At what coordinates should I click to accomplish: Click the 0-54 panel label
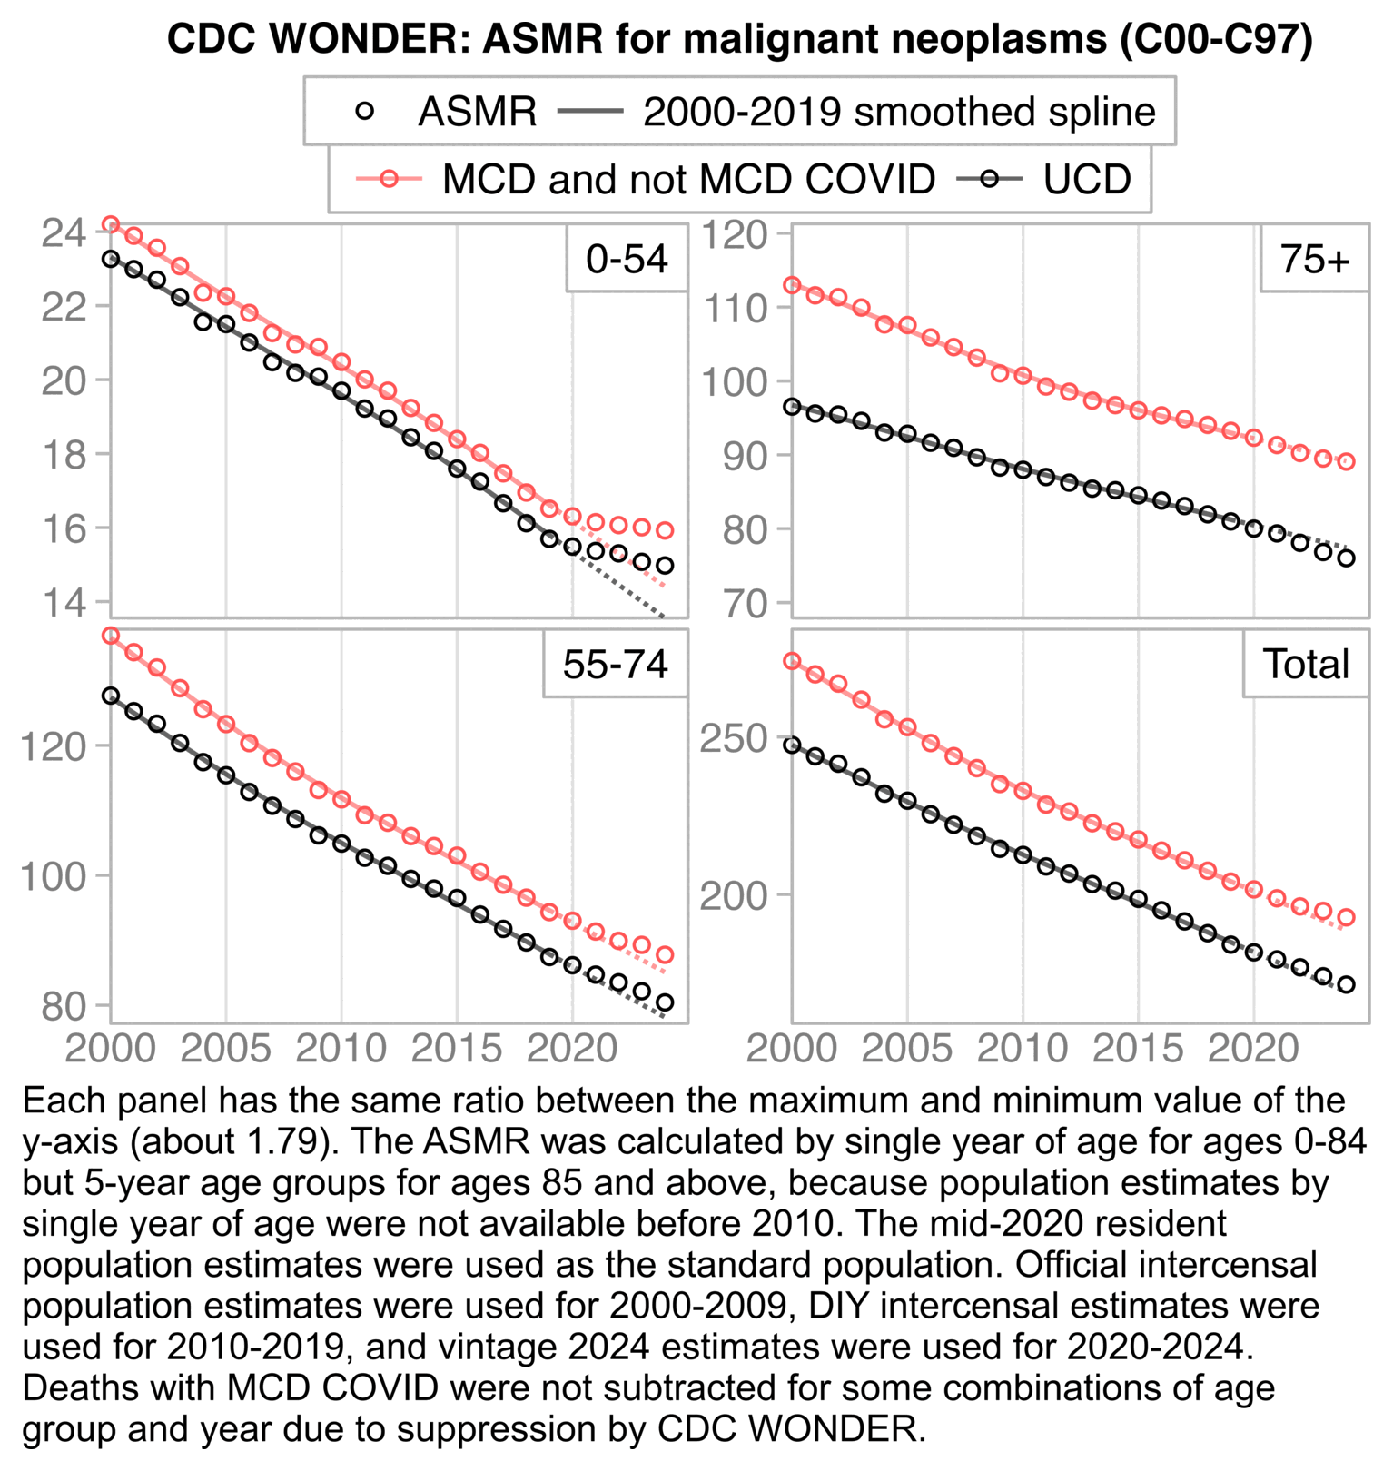click(x=627, y=260)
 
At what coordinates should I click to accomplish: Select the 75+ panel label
click(x=1314, y=260)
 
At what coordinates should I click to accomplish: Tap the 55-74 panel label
click(x=615, y=665)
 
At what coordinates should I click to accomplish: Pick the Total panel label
click(x=1306, y=665)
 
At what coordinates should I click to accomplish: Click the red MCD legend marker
click(x=389, y=180)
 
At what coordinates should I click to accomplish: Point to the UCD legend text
click(x=1087, y=180)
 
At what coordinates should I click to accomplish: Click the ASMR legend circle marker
click(x=365, y=112)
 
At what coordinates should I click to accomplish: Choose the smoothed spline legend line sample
click(x=590, y=112)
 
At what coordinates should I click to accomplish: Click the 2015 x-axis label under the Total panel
click(x=1138, y=1050)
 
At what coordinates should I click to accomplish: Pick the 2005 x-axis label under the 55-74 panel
click(x=225, y=1050)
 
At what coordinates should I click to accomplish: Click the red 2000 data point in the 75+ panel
click(x=792, y=285)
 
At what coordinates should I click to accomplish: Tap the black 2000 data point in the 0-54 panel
click(x=111, y=259)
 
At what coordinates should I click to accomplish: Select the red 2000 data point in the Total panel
click(x=792, y=661)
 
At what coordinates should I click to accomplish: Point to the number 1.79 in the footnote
click(x=282, y=1142)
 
